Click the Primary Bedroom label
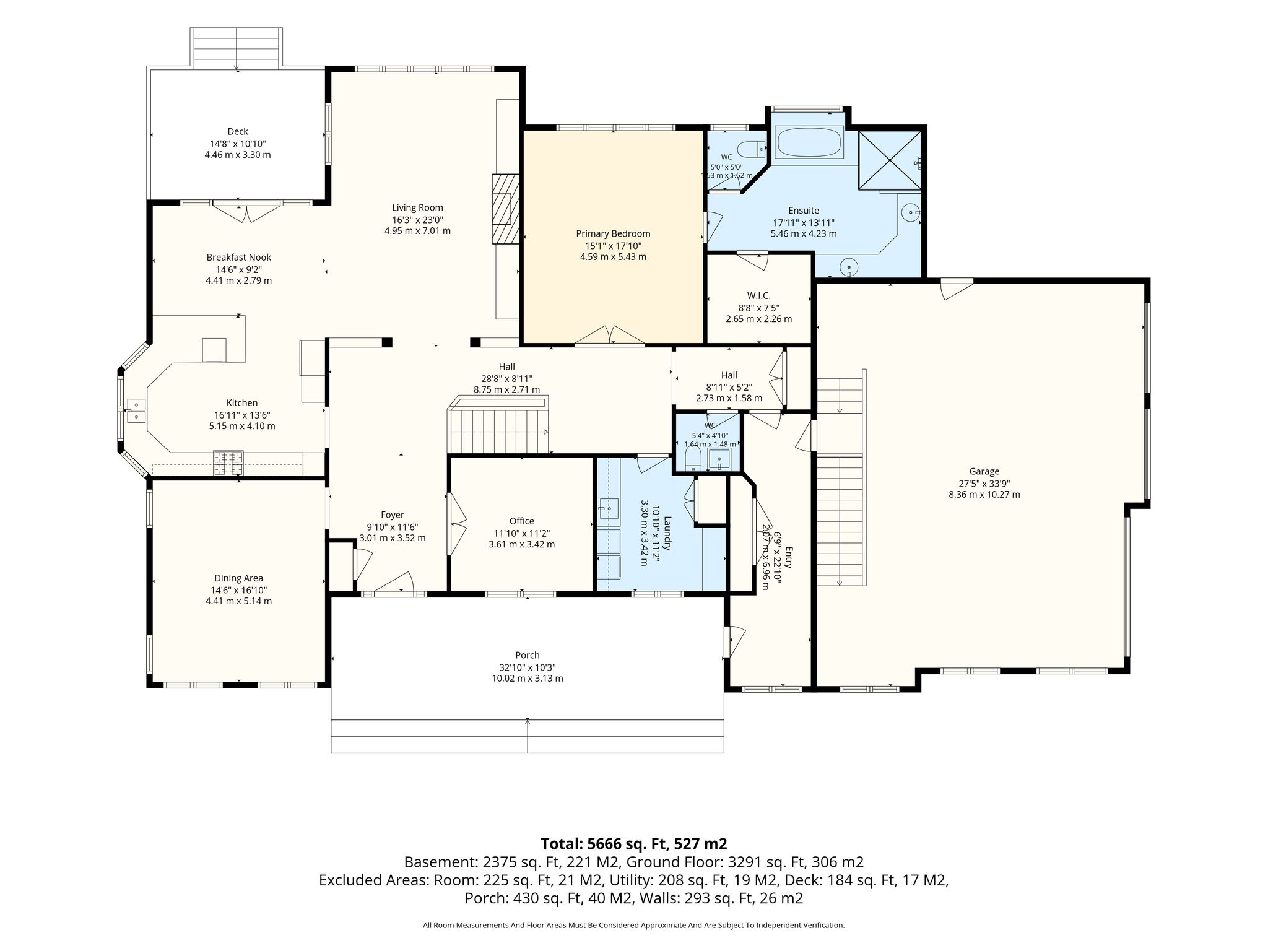point(613,233)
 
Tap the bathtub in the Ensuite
point(809,142)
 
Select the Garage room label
point(984,471)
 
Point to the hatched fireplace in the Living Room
point(505,209)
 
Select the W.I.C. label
point(758,296)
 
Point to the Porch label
point(528,655)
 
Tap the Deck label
point(238,131)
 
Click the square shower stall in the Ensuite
point(890,160)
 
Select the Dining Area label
point(238,578)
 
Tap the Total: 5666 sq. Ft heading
point(633,843)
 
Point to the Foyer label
point(393,515)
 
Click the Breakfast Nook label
point(238,257)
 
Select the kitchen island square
point(215,350)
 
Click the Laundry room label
point(667,533)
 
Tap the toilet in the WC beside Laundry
point(693,459)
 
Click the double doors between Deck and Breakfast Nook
point(246,212)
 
